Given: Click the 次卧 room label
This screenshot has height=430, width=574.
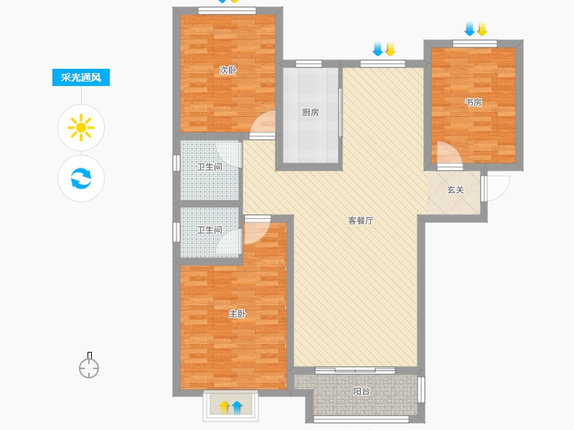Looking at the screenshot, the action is (228, 70).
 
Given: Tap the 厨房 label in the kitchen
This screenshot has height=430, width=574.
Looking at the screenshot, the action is (310, 113).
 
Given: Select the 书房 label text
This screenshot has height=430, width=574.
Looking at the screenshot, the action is (474, 102).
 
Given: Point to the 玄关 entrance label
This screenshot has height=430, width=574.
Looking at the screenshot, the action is (456, 190).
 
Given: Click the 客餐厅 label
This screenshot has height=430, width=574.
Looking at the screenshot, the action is (361, 221).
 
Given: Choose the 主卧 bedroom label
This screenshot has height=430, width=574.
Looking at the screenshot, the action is (237, 314).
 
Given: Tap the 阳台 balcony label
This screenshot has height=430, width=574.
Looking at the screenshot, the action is (362, 391).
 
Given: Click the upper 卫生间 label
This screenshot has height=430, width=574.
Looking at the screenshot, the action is (210, 167).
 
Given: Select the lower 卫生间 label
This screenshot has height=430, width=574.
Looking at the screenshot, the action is (210, 230).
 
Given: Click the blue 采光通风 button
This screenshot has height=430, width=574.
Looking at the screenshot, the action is (81, 77).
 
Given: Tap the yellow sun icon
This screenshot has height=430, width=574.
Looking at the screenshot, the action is (81, 128).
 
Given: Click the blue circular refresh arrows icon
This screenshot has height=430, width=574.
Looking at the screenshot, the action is (81, 178).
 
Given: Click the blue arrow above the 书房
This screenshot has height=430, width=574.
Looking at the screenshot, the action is (470, 29).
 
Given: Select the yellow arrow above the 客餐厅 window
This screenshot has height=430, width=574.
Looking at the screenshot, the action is (390, 49).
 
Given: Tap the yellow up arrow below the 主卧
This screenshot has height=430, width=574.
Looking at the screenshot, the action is (225, 407).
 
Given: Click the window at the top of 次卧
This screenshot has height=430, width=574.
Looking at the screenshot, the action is (227, 11).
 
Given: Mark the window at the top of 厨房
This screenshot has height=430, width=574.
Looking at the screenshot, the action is (309, 64).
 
